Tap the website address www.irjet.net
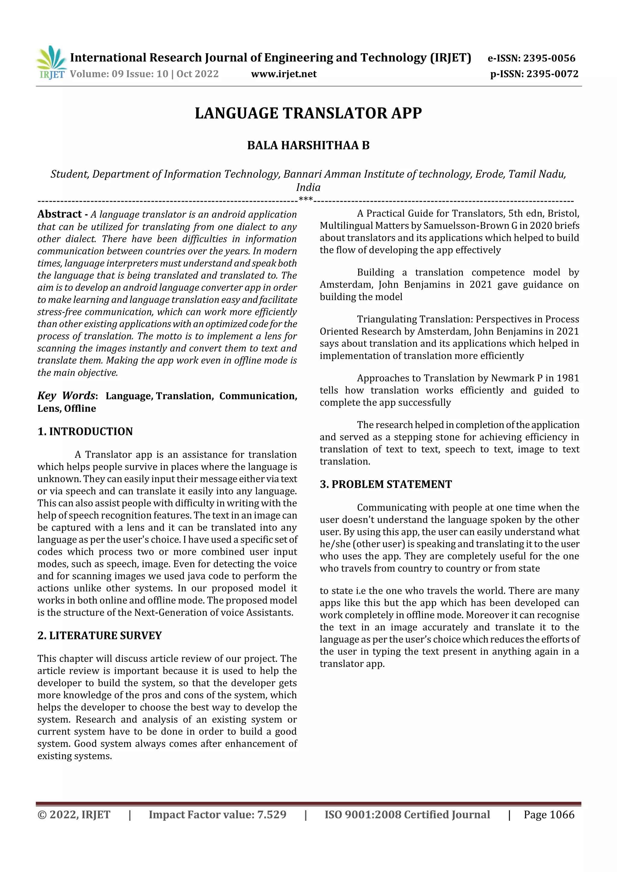coord(283,74)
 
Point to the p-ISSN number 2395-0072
coord(552,74)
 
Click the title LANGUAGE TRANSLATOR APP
coord(308,113)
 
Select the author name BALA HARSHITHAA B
coord(308,145)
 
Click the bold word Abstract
coord(60,214)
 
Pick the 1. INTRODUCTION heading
coord(85,431)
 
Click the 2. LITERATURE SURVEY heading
coord(100,635)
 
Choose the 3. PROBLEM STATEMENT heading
coord(386,484)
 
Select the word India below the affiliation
coord(308,187)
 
